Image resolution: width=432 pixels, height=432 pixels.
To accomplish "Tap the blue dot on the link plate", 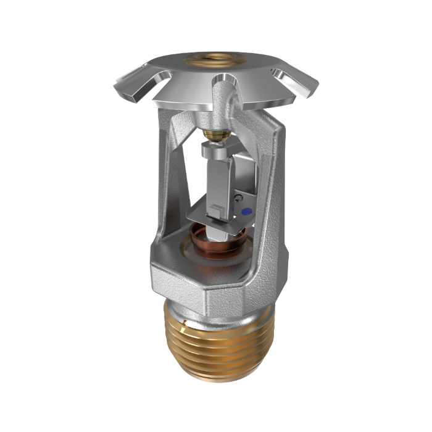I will click(246, 212).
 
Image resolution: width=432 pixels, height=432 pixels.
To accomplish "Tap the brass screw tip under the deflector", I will click(212, 135).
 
